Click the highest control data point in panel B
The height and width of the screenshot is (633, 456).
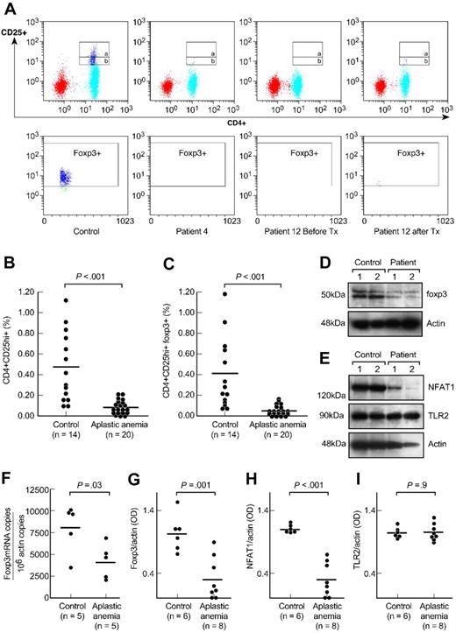click(64, 299)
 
